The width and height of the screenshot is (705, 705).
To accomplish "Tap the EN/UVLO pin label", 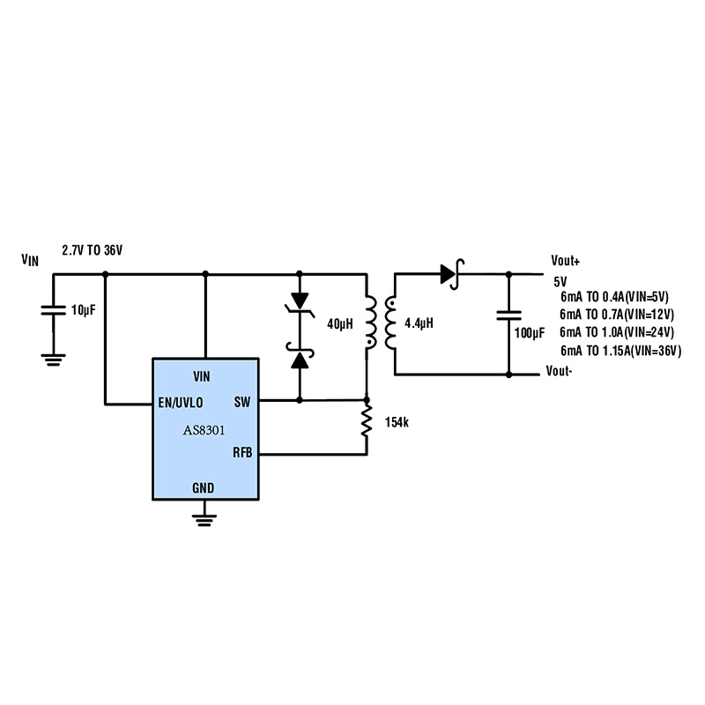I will [x=180, y=403].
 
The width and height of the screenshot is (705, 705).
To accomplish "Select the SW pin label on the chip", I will [x=242, y=403].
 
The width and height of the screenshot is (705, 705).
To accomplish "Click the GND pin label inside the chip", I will [x=203, y=487].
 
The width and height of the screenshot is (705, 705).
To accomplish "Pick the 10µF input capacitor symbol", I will [x=53, y=309].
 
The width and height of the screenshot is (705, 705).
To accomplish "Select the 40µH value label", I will [x=339, y=323].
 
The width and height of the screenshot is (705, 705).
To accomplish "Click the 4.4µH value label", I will [x=419, y=323].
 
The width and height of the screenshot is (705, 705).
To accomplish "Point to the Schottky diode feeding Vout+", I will [x=451, y=273].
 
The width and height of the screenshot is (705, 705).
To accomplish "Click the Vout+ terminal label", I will [x=566, y=261].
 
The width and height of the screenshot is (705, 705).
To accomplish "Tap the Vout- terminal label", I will [x=560, y=371].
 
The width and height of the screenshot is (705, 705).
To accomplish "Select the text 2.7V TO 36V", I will [x=92, y=250].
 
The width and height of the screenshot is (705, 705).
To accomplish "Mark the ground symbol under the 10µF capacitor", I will [x=53, y=357].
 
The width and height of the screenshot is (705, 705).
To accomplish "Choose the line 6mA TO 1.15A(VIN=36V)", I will [x=620, y=351].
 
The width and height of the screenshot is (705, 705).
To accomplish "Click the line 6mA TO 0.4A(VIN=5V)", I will [x=614, y=298].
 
